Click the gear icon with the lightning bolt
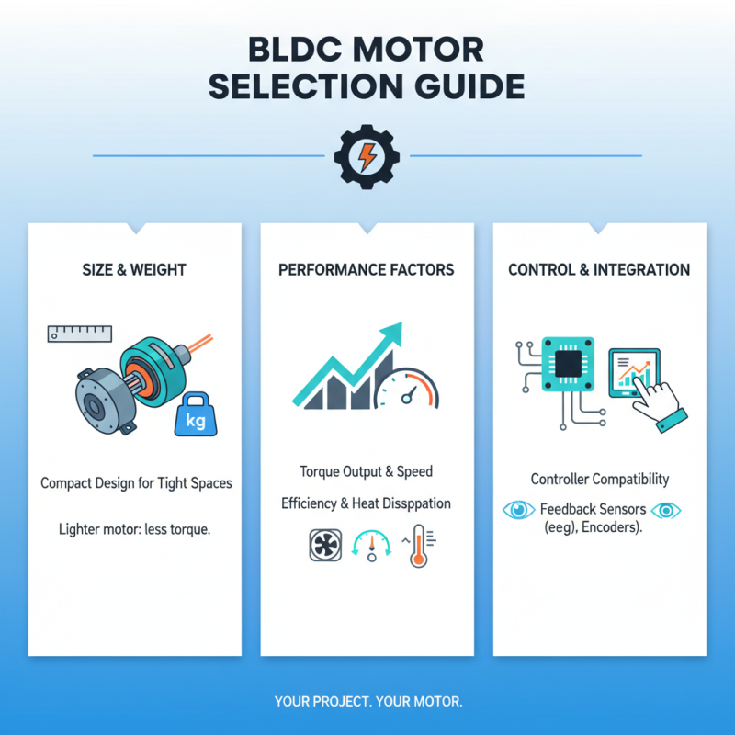tap(367, 156)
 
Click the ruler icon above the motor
tap(79, 333)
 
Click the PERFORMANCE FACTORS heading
tap(367, 270)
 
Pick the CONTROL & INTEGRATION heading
tap(599, 270)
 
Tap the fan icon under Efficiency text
tap(325, 545)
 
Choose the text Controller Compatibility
tap(600, 480)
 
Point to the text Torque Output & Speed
tap(367, 471)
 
